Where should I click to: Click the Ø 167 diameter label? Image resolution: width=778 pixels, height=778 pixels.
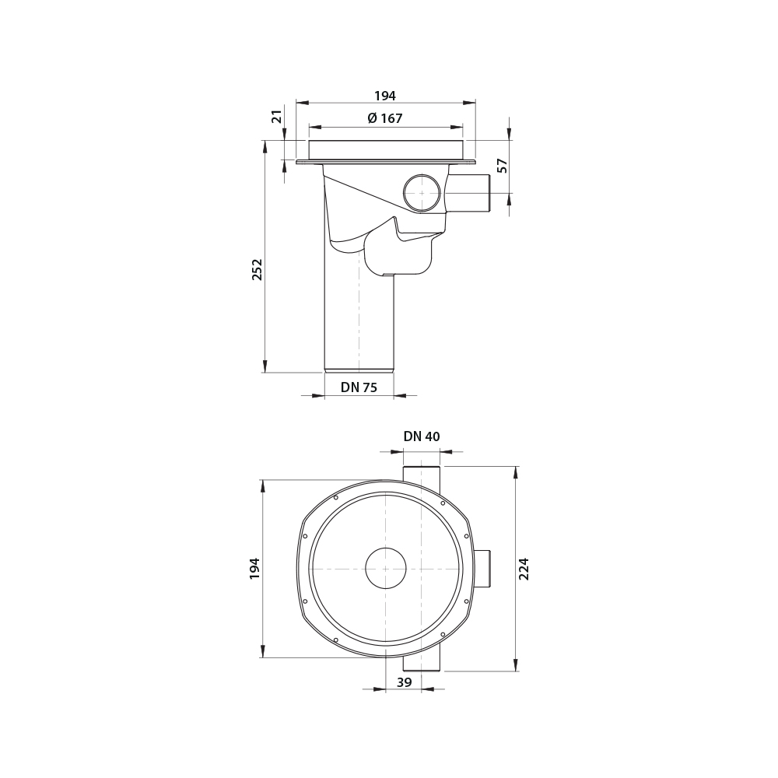pos(385,118)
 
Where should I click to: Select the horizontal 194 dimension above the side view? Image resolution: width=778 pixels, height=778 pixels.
pos(385,96)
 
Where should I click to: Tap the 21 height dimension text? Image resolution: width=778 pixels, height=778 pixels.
pos(277,116)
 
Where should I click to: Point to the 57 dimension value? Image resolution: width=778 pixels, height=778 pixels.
pos(503,165)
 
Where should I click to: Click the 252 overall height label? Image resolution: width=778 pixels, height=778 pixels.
pos(258,269)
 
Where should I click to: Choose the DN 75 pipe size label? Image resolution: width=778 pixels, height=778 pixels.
pos(359,387)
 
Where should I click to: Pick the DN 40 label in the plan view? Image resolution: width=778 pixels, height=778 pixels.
pos(422,436)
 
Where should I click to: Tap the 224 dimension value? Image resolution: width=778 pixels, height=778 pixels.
pos(524,568)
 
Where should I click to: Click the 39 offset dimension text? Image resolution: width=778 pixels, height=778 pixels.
pos(405,682)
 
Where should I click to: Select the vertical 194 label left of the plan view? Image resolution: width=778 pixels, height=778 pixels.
pos(255,568)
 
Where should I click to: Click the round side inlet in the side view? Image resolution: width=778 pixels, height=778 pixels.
pos(422,193)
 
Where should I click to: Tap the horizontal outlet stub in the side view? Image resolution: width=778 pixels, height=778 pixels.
pos(468,193)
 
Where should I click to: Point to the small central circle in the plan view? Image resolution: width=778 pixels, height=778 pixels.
pos(386,568)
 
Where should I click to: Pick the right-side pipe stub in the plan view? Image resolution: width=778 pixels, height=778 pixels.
pos(482,568)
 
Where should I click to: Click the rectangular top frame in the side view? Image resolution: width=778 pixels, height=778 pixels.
pos(386,149)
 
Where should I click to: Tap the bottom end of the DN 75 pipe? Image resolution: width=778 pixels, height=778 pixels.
pos(359,370)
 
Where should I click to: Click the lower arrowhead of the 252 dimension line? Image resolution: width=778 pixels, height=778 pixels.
pos(265,366)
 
